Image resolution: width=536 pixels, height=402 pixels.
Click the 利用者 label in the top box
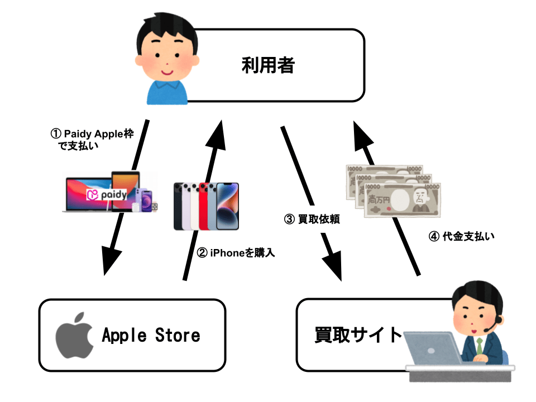[268, 65]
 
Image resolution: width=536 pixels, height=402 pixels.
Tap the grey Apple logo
[74, 335]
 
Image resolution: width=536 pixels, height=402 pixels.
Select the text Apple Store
[151, 336]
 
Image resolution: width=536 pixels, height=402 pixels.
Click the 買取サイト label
[358, 335]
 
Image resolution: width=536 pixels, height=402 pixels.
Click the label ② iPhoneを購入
[237, 252]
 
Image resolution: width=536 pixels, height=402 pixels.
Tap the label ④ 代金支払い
[461, 236]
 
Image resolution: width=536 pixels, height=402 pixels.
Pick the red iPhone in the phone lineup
[205, 205]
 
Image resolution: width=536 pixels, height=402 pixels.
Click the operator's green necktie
[479, 346]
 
